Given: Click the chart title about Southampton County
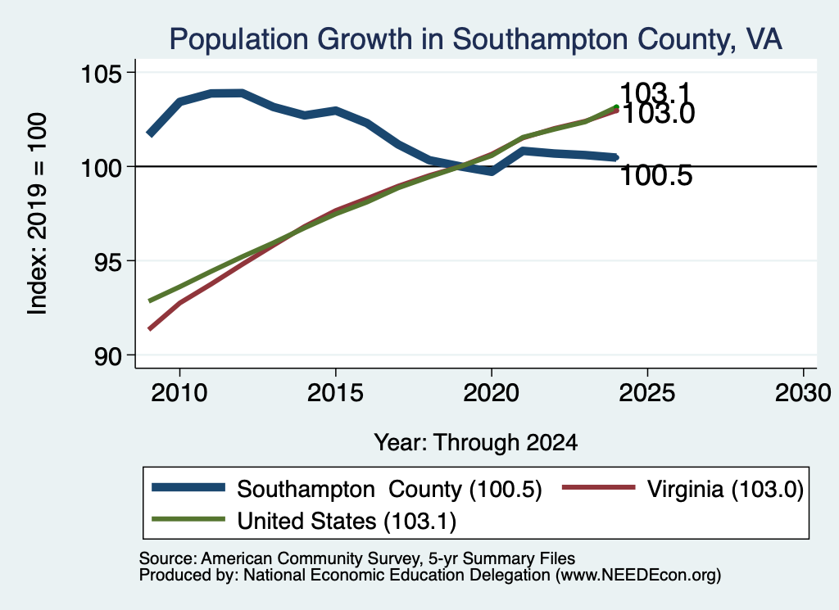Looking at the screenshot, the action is click(476, 39).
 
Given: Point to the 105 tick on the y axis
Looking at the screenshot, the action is click(100, 73).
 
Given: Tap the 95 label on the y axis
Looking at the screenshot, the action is click(107, 261).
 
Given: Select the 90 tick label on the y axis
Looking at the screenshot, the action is click(107, 356).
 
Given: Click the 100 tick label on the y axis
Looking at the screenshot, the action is click(100, 168).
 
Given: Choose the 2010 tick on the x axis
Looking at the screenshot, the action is click(179, 393).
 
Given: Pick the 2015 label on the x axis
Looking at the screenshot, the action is click(335, 393).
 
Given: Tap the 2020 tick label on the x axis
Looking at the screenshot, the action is click(492, 393).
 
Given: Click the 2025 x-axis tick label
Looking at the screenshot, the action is click(647, 393).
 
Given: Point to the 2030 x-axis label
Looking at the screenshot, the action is click(803, 393).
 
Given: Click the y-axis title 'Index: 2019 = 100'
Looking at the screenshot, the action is click(38, 214).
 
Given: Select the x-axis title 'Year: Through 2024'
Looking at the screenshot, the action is click(476, 443).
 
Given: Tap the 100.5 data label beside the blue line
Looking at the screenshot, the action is click(656, 175).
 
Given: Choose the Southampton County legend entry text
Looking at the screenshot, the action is click(389, 489).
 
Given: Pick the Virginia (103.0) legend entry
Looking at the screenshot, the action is click(725, 489).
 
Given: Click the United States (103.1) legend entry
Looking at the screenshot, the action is click(347, 521).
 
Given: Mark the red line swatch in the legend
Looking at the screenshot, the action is click(598, 487).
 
